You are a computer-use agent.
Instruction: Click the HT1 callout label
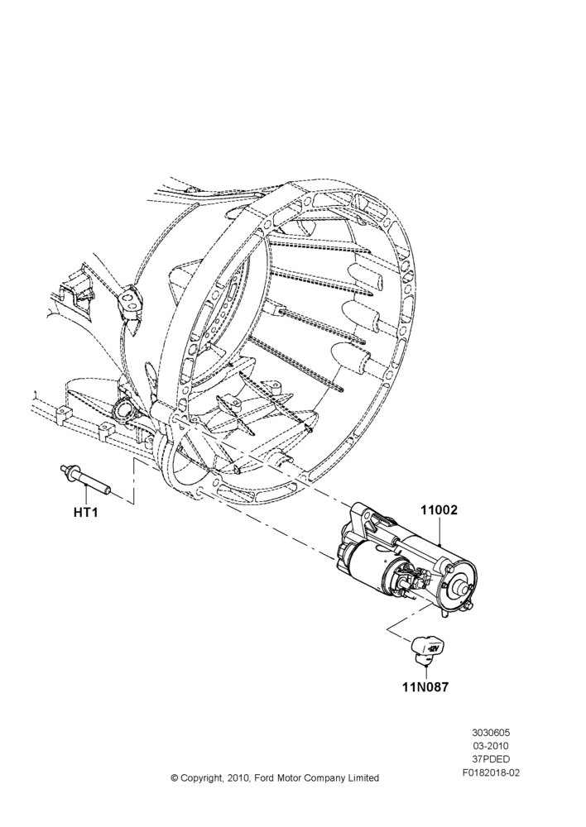point(85,512)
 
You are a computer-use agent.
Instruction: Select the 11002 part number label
point(439,510)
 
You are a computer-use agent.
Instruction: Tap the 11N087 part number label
point(425,687)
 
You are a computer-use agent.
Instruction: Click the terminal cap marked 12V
point(428,650)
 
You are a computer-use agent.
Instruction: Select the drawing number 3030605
point(491,733)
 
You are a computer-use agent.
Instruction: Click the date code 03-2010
point(491,746)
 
